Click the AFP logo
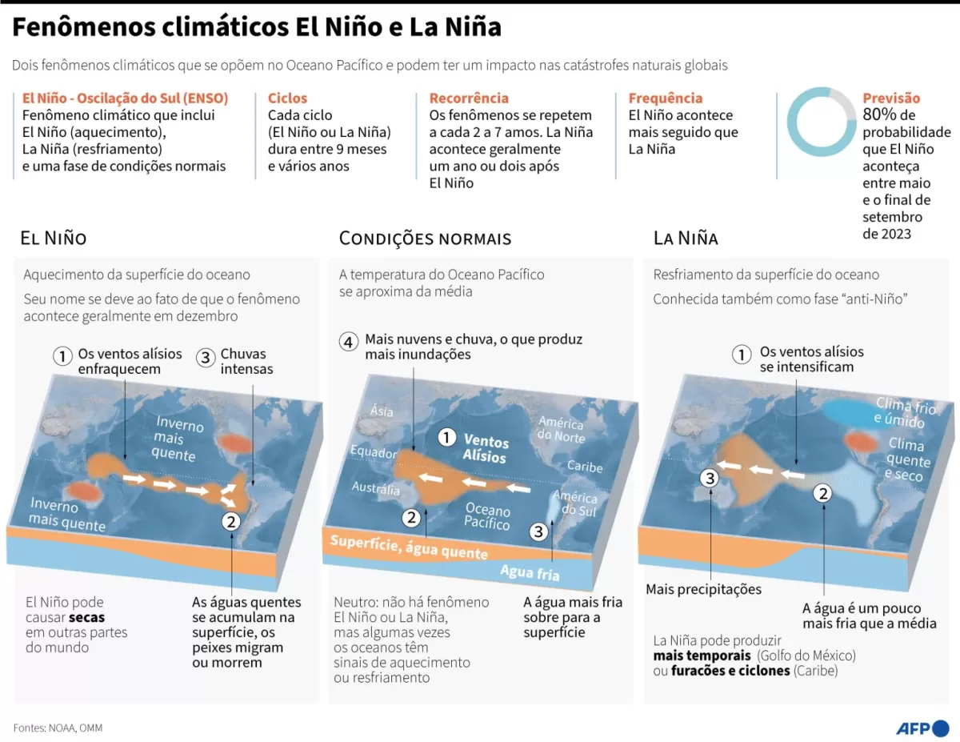(x=922, y=728)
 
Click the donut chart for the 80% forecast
(x=822, y=122)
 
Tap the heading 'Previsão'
(x=891, y=98)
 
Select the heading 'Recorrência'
(x=469, y=98)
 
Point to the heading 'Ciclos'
(x=287, y=98)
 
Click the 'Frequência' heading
(x=665, y=98)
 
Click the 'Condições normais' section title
(x=425, y=239)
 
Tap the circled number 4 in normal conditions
(x=348, y=342)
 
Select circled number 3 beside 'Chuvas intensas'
(x=206, y=357)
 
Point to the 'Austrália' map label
(x=375, y=488)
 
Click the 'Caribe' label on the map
(x=585, y=466)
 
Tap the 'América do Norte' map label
(x=561, y=429)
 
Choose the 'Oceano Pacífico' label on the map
(x=487, y=516)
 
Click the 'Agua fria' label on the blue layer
(x=530, y=572)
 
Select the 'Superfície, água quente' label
(x=409, y=547)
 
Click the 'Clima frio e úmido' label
(x=905, y=412)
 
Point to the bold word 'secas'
(x=86, y=617)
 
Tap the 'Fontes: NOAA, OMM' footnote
(x=58, y=728)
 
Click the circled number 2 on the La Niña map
(x=822, y=493)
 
